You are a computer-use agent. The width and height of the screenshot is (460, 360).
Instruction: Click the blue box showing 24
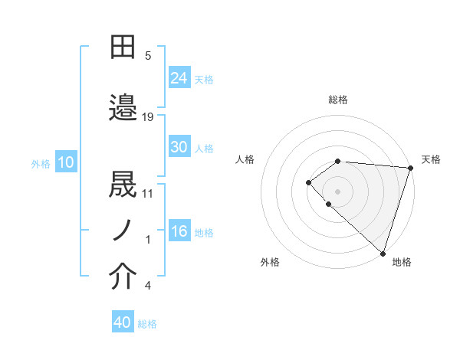(179, 77)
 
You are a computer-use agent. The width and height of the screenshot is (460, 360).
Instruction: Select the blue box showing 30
(179, 147)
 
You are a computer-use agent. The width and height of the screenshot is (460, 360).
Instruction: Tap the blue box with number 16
(179, 232)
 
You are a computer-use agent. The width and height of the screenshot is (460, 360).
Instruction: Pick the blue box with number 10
(66, 162)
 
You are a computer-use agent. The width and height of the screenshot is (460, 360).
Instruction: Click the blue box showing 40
(123, 322)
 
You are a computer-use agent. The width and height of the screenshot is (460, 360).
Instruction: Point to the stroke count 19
(148, 116)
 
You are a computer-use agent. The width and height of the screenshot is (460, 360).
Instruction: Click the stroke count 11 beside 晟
(148, 193)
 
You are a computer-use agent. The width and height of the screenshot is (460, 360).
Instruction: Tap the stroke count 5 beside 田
(148, 56)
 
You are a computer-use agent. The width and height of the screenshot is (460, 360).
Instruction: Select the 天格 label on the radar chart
(431, 159)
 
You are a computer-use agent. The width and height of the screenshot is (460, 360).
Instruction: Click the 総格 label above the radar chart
(338, 100)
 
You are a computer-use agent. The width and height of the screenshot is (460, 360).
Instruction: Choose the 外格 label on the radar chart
(270, 263)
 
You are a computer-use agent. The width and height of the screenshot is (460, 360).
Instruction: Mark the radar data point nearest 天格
(410, 167)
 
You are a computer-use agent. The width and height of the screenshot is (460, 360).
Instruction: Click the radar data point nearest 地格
(382, 253)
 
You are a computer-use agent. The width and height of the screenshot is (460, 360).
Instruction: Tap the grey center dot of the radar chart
(337, 191)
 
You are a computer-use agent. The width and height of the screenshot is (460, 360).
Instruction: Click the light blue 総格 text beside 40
(147, 324)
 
